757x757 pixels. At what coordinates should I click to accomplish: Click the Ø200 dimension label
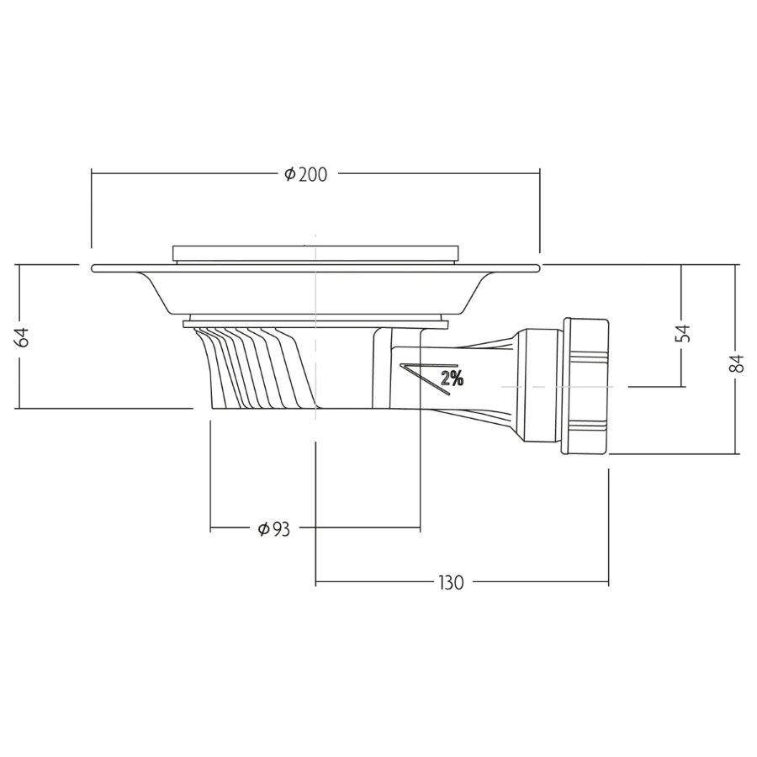[x=305, y=174]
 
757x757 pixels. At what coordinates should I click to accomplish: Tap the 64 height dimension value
[x=22, y=336]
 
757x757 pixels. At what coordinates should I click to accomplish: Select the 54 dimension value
[x=683, y=333]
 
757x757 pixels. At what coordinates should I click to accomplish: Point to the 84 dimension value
[x=737, y=363]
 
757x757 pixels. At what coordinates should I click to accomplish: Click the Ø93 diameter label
[x=273, y=530]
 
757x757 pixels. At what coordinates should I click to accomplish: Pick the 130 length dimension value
[x=451, y=583]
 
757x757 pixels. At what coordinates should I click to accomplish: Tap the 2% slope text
[x=452, y=378]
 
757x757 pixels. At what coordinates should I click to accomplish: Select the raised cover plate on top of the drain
[x=315, y=254]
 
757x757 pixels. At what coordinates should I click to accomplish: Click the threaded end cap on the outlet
[x=585, y=386]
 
